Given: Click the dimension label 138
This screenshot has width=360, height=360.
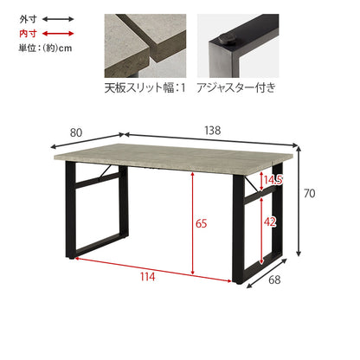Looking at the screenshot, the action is click(213, 131).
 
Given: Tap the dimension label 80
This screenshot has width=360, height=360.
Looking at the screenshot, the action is click(76, 132).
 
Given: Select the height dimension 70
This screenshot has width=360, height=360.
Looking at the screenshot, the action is click(309, 193).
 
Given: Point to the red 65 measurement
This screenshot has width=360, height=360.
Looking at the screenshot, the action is click(201, 223).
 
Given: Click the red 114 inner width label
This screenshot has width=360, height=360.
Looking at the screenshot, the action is click(147, 277).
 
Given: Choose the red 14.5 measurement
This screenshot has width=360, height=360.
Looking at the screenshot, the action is click(273, 180).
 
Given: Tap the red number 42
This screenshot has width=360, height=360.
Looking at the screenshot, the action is click(270, 222).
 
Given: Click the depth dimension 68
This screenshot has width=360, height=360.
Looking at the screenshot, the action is click(274, 280).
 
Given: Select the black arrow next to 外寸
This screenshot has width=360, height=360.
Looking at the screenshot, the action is click(58, 19).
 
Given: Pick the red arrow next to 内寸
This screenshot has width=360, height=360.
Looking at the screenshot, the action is click(58, 34).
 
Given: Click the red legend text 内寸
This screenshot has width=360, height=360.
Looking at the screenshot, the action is click(28, 34).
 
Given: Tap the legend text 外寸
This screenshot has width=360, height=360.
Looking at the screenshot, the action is click(28, 19).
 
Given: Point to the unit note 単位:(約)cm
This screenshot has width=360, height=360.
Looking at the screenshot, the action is click(45, 48).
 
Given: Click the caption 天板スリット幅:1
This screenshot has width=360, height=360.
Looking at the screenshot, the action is click(145, 87).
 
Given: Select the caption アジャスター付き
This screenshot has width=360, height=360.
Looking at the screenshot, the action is click(236, 87).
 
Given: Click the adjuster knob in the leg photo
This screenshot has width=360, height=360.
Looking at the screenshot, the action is click(226, 40).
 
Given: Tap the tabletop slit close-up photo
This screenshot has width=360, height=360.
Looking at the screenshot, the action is click(145, 46).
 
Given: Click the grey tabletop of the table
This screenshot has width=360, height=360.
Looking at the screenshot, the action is click(174, 158).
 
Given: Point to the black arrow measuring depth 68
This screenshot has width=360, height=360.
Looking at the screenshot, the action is click(267, 273).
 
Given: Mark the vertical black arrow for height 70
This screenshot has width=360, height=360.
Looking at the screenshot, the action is click(299, 202).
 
